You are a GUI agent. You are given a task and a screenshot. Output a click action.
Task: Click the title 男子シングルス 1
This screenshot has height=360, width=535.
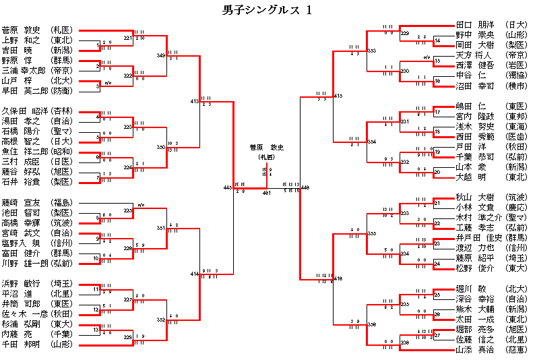pyautogui.click(x=267, y=10)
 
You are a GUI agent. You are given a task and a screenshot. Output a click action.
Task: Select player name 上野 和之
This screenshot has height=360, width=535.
pyautogui.click(x=22, y=40)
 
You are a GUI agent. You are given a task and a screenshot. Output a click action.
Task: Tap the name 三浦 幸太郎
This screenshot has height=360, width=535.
pyautogui.click(x=24, y=70)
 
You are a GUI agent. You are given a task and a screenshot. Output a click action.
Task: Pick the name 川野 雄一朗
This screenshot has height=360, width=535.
pyautogui.click(x=24, y=263)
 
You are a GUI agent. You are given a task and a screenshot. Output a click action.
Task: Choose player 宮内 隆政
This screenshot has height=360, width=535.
pyautogui.click(x=474, y=117)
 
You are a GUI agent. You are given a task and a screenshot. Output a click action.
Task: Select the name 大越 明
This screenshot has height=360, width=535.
pyautogui.click(x=472, y=177)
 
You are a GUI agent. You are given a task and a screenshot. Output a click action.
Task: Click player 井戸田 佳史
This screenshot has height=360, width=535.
pyautogui.click(x=479, y=237)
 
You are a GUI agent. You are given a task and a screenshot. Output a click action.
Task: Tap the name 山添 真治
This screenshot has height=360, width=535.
pyautogui.click(x=474, y=350)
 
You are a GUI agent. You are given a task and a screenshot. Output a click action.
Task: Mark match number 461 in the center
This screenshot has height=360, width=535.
pyautogui.click(x=266, y=193)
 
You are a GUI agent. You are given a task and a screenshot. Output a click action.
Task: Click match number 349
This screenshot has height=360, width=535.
pyautogui.click(x=160, y=55)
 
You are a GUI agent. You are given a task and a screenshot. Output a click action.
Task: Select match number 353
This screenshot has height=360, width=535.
pyautogui.click(x=372, y=51)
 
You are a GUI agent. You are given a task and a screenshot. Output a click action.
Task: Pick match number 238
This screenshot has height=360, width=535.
pyautogui.click(x=405, y=343)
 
